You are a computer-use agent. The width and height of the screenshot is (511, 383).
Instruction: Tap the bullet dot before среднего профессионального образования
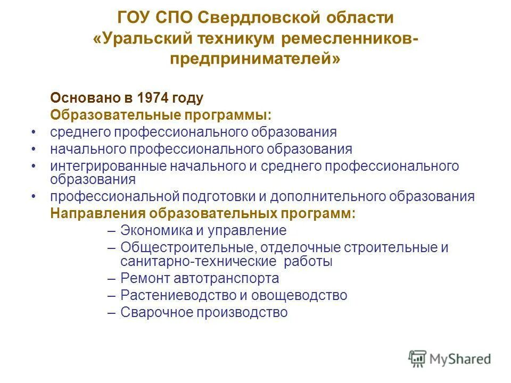(x=34, y=132)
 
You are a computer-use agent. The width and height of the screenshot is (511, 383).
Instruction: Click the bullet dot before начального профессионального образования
(x=34, y=149)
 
